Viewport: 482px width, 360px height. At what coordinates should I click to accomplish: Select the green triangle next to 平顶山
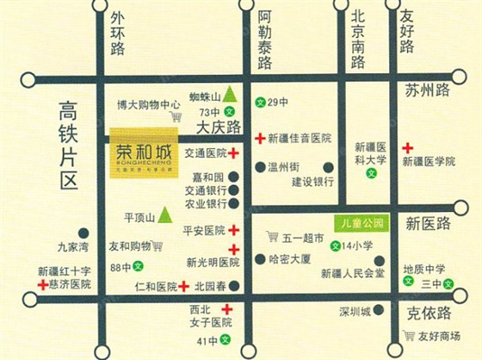[x=164, y=214]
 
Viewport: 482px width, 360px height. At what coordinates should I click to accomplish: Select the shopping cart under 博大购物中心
[x=176, y=116]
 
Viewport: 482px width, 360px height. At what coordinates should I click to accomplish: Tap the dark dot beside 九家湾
[x=83, y=233]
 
